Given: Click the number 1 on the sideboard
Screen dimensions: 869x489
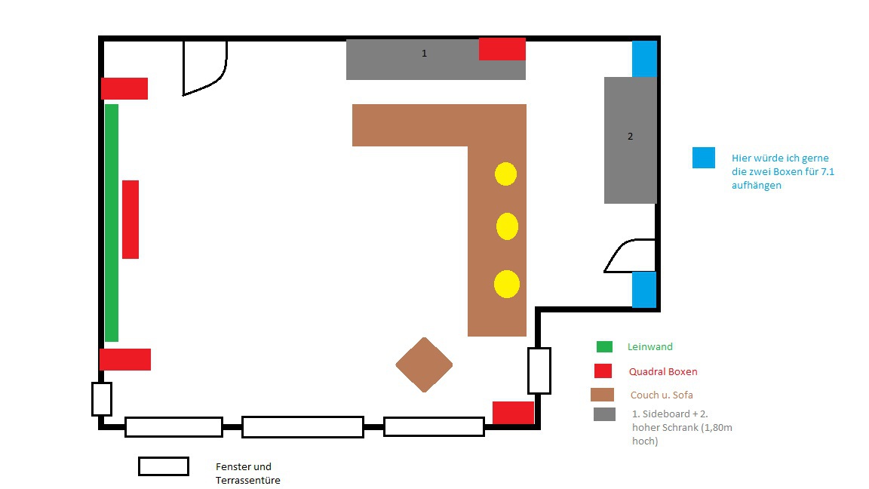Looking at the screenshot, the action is pyautogui.click(x=424, y=54).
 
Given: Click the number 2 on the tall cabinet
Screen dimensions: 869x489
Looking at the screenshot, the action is pyautogui.click(x=630, y=137).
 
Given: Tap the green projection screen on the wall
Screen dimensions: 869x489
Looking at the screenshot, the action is pyautogui.click(x=112, y=223).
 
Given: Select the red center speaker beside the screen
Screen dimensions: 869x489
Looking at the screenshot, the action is pyautogui.click(x=131, y=220).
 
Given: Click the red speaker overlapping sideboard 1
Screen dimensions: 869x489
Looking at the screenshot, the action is pyautogui.click(x=502, y=49).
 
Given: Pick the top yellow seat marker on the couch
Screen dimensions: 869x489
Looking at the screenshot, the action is pyautogui.click(x=505, y=174).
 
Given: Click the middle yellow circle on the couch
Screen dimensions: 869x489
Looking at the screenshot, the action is pyautogui.click(x=507, y=226).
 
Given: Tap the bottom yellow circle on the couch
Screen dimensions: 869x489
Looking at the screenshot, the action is pyautogui.click(x=507, y=284).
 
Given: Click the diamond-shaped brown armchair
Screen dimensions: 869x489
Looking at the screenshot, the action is pyautogui.click(x=424, y=364).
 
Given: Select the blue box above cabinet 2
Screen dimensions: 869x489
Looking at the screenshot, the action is pyautogui.click(x=644, y=59).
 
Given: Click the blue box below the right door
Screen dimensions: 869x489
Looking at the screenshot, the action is pyautogui.click(x=644, y=290).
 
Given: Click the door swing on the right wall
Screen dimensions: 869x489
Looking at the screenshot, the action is pyautogui.click(x=630, y=256).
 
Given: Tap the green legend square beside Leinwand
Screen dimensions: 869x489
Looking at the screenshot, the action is pyautogui.click(x=604, y=346).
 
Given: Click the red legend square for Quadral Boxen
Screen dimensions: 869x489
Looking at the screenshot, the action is pyautogui.click(x=603, y=371).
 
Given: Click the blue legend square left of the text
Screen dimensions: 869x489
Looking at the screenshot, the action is pyautogui.click(x=703, y=158).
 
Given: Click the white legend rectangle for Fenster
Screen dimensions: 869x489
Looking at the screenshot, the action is pyautogui.click(x=164, y=466).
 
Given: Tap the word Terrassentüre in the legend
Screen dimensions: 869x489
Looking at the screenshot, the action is pyautogui.click(x=247, y=480).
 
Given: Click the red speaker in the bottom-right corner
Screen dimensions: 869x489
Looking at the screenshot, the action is pyautogui.click(x=513, y=413).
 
